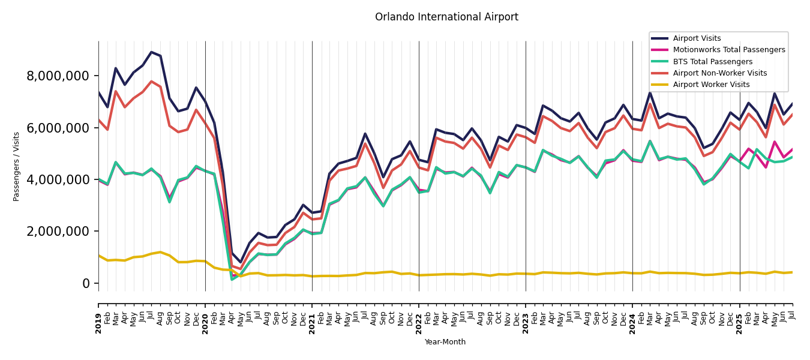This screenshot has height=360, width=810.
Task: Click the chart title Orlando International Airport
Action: [446, 17]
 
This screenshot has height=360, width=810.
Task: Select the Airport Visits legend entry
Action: [697, 38]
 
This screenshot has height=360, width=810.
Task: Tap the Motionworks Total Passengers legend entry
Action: [728, 50]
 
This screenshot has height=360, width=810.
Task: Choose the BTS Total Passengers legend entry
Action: [712, 62]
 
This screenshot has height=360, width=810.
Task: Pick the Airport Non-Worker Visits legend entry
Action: [719, 73]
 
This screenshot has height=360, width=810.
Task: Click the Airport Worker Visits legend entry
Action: [711, 85]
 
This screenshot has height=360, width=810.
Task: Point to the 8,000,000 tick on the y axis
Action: [58, 76]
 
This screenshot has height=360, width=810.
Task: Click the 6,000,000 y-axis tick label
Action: [58, 128]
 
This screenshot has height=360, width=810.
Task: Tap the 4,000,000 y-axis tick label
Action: [58, 179]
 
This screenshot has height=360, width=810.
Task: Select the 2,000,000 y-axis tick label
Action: [58, 232]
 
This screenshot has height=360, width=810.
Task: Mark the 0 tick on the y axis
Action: [86, 283]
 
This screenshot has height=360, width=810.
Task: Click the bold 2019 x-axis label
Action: [98, 315]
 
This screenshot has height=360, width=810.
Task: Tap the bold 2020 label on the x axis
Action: [205, 315]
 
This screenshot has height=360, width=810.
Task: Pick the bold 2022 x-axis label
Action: [419, 315]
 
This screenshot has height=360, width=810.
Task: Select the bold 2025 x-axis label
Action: [739, 315]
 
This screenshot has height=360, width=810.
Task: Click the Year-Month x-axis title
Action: [445, 342]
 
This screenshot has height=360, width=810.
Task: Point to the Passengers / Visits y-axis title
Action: [17, 166]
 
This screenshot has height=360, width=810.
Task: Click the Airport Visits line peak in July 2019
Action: [151, 52]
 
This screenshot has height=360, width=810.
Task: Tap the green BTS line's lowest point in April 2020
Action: [232, 279]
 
